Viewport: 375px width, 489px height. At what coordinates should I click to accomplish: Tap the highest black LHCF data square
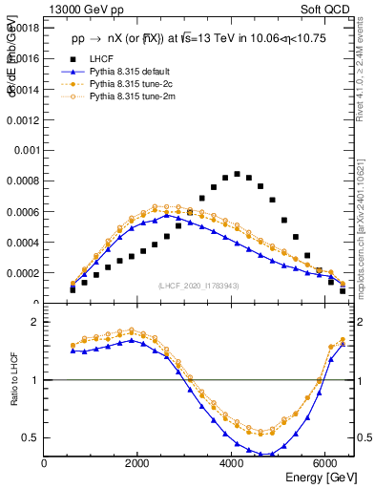tap(237, 174)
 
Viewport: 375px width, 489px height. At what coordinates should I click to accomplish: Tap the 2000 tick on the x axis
tap(138, 463)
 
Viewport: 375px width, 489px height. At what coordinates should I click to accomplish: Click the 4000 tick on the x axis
tap(232, 463)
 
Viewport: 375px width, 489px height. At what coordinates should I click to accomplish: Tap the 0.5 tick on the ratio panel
tap(32, 438)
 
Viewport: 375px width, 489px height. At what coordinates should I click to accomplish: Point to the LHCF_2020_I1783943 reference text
tap(198, 286)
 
